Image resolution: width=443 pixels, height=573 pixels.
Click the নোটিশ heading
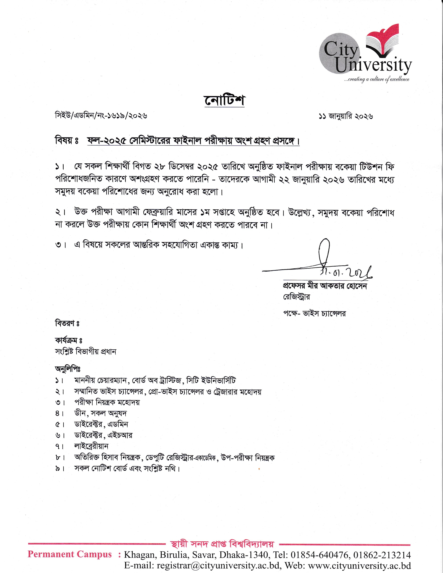(224, 101)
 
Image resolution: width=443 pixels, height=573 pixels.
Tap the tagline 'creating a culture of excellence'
(377, 79)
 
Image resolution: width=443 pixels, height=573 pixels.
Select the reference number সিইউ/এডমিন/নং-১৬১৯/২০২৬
(101, 116)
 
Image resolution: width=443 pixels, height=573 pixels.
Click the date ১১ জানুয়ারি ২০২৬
(346, 116)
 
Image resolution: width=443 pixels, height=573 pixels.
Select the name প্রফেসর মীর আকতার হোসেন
(323, 286)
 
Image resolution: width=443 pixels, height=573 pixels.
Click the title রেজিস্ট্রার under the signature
(296, 297)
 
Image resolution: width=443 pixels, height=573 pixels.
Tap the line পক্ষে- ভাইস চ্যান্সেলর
(314, 314)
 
